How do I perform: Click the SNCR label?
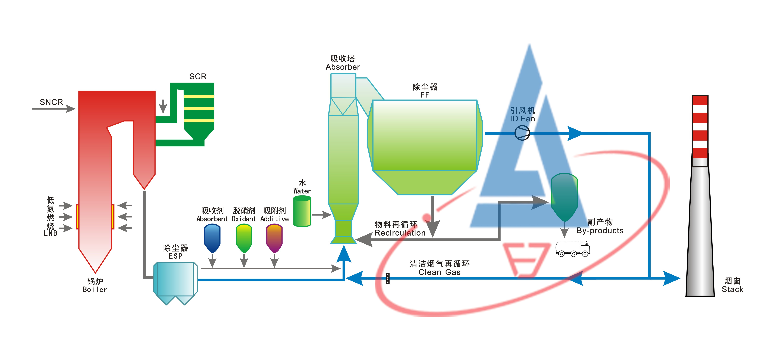(51, 102)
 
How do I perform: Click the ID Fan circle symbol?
(522, 133)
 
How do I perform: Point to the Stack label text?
(732, 289)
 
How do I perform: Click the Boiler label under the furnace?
(95, 289)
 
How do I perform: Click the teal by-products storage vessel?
(564, 197)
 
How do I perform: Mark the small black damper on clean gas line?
(387, 278)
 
